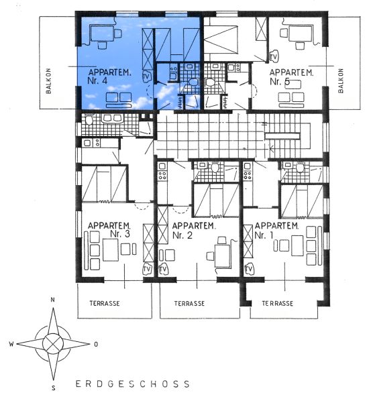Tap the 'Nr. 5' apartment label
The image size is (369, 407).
coord(280,82)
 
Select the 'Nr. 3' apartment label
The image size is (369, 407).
coord(119,233)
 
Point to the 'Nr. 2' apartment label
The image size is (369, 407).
coord(182,235)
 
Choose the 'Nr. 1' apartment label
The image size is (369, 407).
coord(264,235)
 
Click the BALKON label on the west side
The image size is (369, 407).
coord(48,80)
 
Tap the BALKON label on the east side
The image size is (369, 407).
coord(341,80)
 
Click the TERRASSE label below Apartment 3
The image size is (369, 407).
coord(105,303)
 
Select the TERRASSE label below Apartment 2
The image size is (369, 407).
coord(189,304)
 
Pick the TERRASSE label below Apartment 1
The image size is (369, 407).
coord(278,304)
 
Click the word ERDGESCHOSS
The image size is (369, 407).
coord(133,384)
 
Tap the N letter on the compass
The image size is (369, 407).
coord(53,300)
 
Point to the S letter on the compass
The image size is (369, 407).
coord(54,388)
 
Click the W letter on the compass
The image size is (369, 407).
coord(11,344)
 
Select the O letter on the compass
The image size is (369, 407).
coord(96,345)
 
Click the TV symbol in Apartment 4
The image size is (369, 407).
coord(146,76)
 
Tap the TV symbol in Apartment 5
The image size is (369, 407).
coord(274,56)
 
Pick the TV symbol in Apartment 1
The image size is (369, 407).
coord(249,270)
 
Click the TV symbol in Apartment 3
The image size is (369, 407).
coord(147,270)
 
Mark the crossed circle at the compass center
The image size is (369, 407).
coord(53,344)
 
